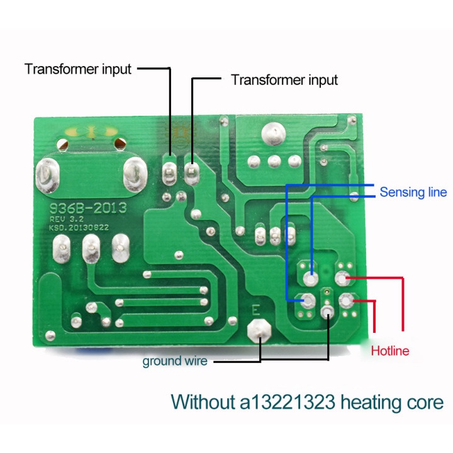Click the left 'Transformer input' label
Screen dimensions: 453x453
tap(78, 69)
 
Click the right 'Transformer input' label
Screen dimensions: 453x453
tap(284, 81)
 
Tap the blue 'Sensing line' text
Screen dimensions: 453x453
tap(413, 192)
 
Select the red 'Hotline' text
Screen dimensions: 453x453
tap(390, 351)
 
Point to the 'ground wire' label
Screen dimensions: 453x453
tap(175, 361)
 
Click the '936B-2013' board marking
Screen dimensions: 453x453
tap(87, 206)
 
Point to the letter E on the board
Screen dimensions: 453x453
tap(255, 310)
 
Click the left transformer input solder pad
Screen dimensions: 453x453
tap(169, 169)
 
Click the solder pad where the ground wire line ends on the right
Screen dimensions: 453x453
tap(327, 313)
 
